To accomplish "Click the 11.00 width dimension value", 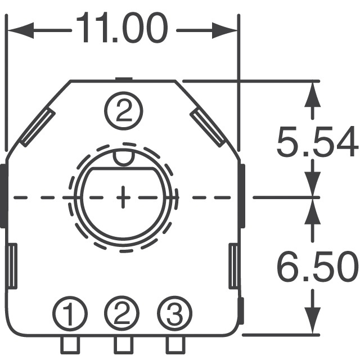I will point(122,29).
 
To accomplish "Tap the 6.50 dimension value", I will point(317,268).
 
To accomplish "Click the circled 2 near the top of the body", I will point(122,110).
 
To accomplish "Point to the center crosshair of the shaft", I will point(123,197).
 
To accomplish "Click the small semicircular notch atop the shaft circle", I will point(123,157).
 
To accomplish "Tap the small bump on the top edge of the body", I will point(122,79).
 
